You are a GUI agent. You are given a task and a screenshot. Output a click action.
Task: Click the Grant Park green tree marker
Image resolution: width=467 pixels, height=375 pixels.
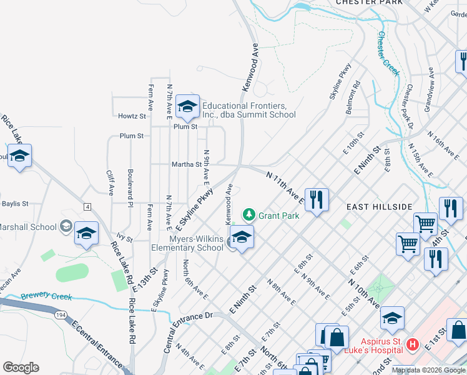[x=249, y=216]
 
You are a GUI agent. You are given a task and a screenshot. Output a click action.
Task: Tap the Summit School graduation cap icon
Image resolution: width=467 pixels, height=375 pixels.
[x=187, y=107]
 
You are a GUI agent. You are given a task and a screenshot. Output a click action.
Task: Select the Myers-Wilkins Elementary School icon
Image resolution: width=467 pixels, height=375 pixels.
[x=242, y=237]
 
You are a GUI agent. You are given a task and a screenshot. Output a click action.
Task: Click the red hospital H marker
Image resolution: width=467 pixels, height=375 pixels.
[x=411, y=344]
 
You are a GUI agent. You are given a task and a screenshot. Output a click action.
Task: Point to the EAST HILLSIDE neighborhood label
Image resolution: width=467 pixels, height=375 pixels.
[x=380, y=207]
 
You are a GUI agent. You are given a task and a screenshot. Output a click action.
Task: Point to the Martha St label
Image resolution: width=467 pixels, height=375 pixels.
[x=186, y=165]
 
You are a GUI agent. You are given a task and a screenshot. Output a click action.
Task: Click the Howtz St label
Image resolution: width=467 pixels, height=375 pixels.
[x=132, y=116]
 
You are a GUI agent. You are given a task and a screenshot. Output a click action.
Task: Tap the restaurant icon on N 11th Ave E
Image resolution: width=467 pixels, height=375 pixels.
[x=317, y=200]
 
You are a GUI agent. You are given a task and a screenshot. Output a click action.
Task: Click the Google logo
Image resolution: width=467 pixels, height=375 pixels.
[x=21, y=367]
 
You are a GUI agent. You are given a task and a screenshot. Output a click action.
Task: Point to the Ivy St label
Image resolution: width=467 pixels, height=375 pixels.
[x=125, y=239]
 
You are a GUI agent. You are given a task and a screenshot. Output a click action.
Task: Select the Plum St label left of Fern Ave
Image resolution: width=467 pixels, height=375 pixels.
[x=132, y=136]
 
